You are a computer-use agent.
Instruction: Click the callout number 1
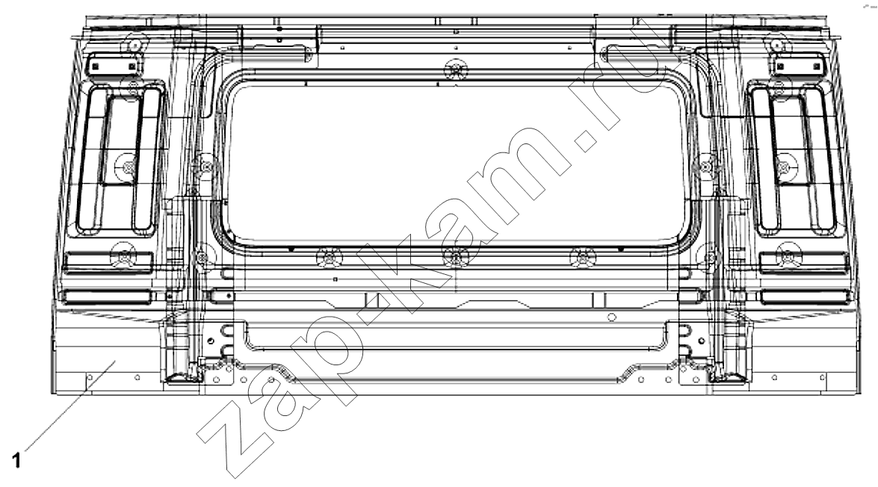[x=16, y=461]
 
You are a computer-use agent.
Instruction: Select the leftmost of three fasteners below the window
[x=330, y=257]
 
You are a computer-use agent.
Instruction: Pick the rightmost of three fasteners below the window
[x=584, y=257]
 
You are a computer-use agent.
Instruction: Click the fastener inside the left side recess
[x=129, y=167]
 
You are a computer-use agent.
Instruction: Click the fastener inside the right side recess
[x=784, y=167]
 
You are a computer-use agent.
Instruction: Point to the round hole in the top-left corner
[x=135, y=44]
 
